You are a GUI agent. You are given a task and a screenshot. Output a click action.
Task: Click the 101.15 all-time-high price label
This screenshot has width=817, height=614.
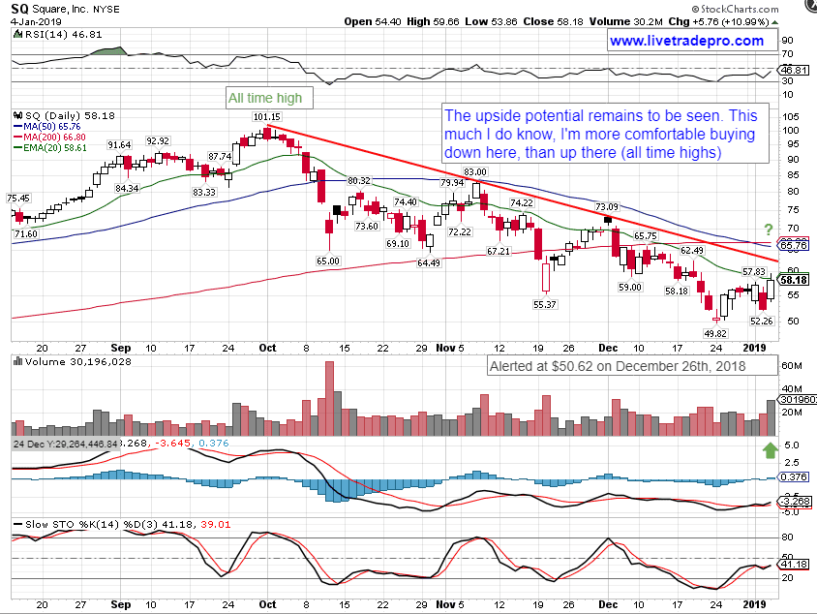tap(266, 117)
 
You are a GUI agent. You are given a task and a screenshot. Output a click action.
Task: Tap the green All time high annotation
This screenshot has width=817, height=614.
tap(264, 98)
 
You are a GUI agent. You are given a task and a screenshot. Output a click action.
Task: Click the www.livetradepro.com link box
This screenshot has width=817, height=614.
tap(686, 41)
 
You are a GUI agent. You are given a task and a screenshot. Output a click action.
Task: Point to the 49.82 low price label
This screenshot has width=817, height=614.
tap(712, 332)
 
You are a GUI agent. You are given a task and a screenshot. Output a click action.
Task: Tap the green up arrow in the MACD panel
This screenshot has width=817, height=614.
tap(771, 449)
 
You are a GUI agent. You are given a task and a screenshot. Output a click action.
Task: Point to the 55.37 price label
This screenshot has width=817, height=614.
tap(544, 305)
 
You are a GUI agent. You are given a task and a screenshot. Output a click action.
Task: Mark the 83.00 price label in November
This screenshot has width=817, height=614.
tap(474, 172)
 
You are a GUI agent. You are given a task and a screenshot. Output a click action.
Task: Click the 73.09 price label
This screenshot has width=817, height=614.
tap(607, 207)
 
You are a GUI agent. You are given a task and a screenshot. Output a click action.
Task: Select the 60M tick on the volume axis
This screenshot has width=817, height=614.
tap(792, 366)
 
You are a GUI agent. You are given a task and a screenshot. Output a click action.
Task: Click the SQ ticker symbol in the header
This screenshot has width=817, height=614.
tap(19, 6)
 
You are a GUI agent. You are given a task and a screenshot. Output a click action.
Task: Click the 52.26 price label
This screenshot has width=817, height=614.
tap(762, 321)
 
